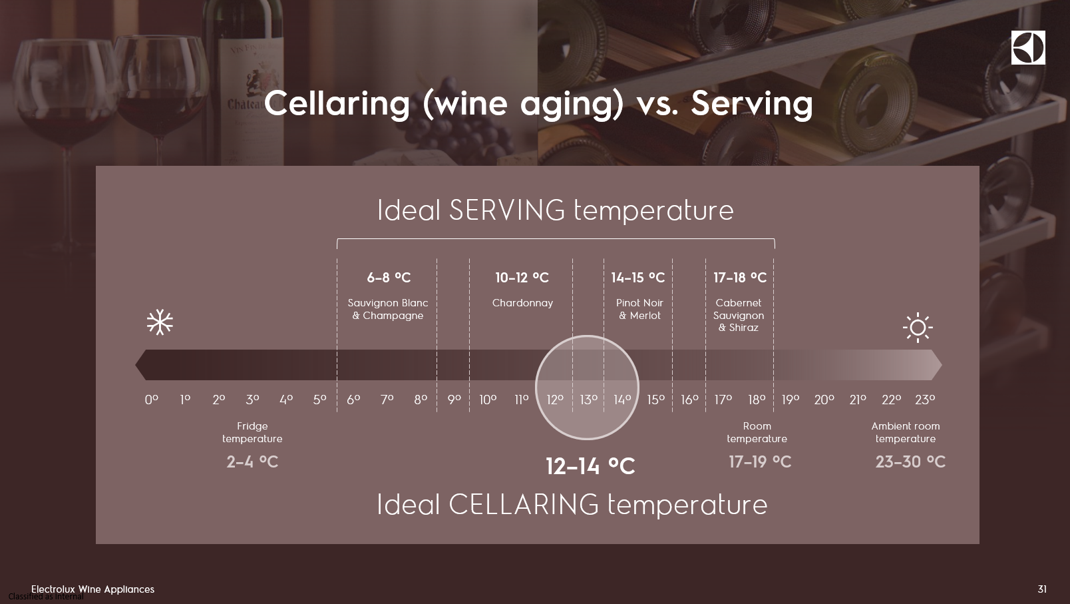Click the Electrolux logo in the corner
click(x=1028, y=47)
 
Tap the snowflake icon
click(x=160, y=322)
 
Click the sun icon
click(x=918, y=328)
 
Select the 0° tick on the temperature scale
click(x=152, y=400)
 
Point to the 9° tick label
click(x=454, y=400)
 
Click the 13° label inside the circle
click(x=588, y=400)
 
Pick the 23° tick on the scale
click(x=925, y=400)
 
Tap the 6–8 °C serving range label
click(x=389, y=278)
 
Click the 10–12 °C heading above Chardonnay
click(x=522, y=278)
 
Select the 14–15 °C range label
click(x=638, y=278)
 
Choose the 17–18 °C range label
click(x=740, y=278)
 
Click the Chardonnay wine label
click(x=522, y=303)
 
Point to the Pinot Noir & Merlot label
click(x=639, y=309)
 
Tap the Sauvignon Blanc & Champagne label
click(x=388, y=309)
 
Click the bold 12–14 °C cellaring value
click(x=590, y=465)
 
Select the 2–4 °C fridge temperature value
click(x=252, y=461)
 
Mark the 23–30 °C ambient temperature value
click(x=910, y=461)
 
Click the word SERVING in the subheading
click(x=507, y=210)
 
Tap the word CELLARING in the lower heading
click(x=524, y=504)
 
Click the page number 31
click(x=1042, y=589)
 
